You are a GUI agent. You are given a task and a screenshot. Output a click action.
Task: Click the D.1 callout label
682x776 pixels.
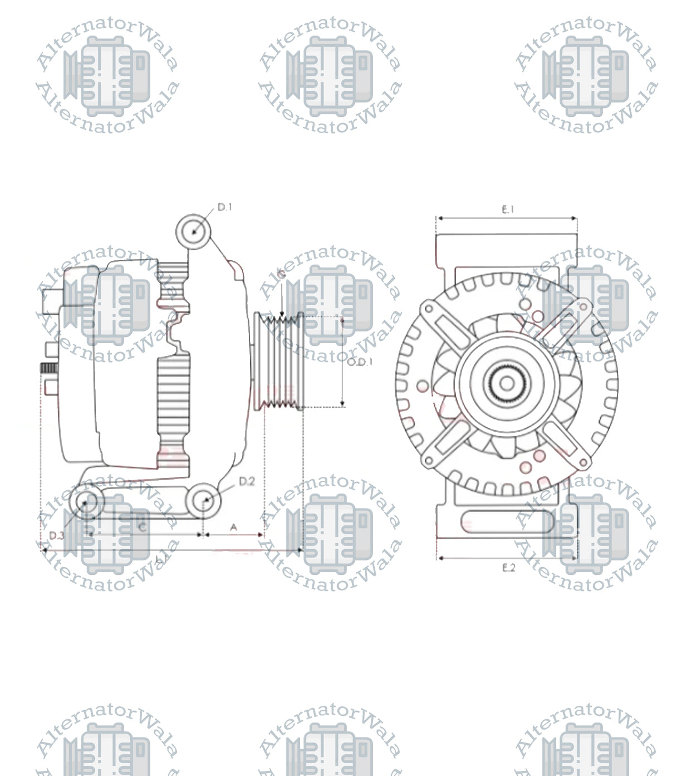224,207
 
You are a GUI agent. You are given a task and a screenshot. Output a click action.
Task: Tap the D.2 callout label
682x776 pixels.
247,481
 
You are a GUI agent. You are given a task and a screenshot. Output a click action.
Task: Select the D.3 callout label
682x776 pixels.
57,535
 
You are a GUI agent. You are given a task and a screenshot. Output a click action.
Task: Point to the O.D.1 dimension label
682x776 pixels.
360,362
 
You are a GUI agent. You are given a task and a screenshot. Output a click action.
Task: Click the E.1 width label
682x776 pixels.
508,209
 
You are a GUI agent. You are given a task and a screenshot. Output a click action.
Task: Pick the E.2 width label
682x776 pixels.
508,568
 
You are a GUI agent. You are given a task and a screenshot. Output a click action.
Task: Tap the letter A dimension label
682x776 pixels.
234,526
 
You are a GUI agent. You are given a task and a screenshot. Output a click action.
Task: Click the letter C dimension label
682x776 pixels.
143,526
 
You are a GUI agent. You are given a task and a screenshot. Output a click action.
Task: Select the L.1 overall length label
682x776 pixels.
161,558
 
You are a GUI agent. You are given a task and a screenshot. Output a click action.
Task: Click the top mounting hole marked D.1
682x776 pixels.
193,231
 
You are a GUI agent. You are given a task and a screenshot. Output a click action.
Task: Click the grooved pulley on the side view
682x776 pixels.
279,362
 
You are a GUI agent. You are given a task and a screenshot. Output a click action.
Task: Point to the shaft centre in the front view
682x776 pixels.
507,383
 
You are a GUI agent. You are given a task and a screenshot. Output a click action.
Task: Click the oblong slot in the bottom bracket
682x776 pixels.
507,523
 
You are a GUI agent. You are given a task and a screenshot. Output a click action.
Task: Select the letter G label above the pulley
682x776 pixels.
282,275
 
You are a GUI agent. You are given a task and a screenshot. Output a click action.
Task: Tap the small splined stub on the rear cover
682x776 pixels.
48,368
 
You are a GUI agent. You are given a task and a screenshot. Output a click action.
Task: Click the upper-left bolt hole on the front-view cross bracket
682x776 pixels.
429,308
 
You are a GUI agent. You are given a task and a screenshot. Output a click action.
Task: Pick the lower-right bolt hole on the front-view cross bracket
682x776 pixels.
584,462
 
